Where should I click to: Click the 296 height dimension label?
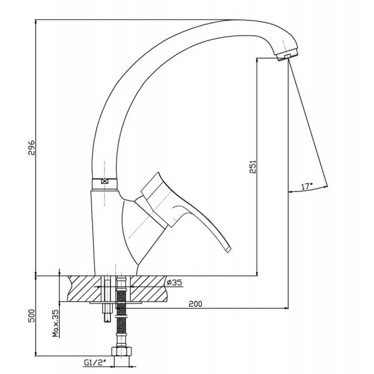(31, 148)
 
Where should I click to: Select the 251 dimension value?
(252, 166)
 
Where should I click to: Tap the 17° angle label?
(307, 186)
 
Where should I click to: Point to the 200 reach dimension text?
(195, 304)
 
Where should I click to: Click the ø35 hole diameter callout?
(175, 282)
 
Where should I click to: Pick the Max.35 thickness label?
(55, 323)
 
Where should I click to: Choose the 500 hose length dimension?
(31, 316)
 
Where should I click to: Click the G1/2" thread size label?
(95, 363)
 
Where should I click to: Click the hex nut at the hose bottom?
(122, 352)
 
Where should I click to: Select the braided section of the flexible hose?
(121, 314)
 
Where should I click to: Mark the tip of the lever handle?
(229, 249)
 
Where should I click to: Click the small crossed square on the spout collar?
(104, 181)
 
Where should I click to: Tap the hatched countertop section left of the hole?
(85, 289)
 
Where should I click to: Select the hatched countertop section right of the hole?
(148, 289)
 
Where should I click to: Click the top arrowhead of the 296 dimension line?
(36, 21)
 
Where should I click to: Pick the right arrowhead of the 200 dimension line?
(286, 309)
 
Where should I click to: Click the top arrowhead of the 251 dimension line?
(257, 60)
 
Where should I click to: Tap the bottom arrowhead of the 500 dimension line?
(36, 354)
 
